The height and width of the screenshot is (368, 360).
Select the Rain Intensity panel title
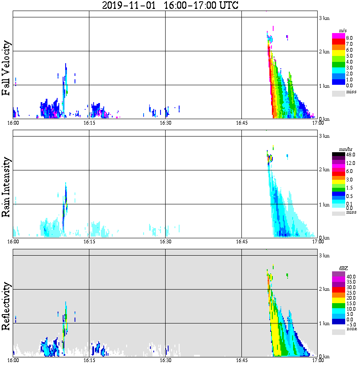(6, 187)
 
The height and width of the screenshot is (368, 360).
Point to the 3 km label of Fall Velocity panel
(324, 18)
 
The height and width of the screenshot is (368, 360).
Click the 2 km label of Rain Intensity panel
(324, 170)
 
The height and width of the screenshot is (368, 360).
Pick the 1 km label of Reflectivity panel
(324, 323)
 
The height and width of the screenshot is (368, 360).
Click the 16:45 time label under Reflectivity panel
(241, 360)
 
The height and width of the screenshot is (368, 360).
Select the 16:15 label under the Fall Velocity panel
(89, 123)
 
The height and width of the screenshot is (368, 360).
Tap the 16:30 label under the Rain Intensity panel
(165, 242)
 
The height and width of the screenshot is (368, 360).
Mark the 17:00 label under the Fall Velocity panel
(317, 123)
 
